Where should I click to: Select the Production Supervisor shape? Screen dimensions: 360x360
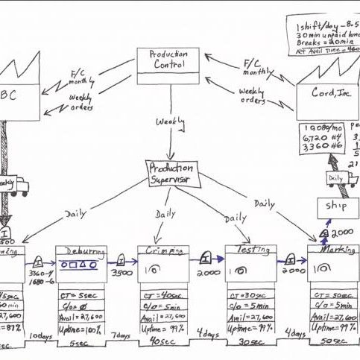tap(171, 173)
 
